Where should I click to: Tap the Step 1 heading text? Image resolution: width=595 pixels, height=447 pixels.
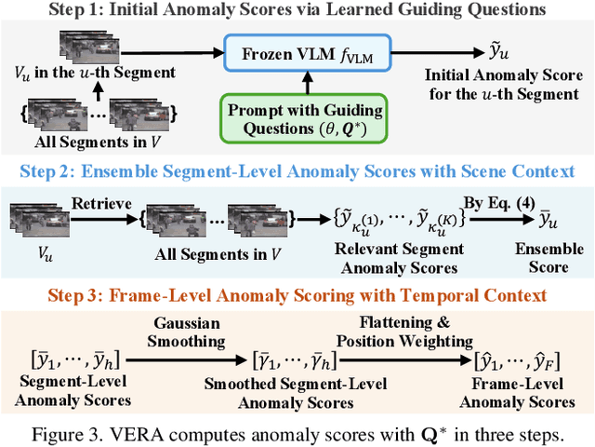click(x=297, y=12)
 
